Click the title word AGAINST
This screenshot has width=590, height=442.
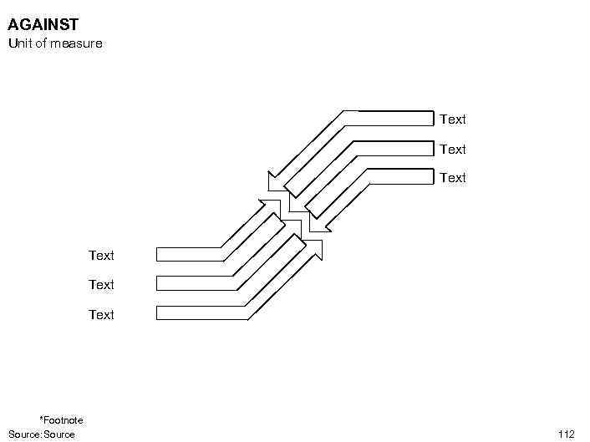coord(43,26)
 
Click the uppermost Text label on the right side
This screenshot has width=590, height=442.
coord(452,119)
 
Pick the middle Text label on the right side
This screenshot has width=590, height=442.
coord(452,150)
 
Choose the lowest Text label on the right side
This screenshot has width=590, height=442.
coord(452,178)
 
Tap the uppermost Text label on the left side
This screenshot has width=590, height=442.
coord(101,256)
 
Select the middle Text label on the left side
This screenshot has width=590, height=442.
coord(101,285)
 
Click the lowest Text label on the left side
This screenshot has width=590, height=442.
coord(101,315)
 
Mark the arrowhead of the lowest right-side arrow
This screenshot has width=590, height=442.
coord(317,223)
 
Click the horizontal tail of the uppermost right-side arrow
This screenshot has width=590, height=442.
coord(389,118)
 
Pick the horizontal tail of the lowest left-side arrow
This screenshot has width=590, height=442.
coord(201,313)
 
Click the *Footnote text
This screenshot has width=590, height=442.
coord(61,420)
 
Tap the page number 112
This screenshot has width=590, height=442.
coord(566,434)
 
